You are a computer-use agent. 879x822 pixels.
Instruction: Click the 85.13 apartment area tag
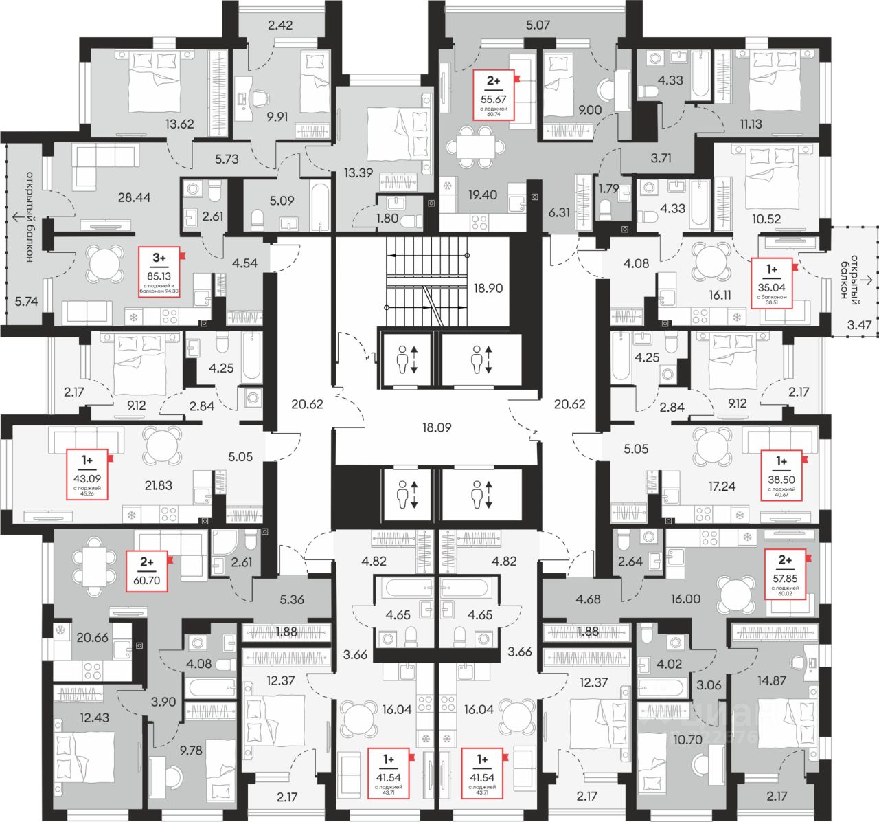(159, 271)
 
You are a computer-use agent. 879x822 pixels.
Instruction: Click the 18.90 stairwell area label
(488, 289)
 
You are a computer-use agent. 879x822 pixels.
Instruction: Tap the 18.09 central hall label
(437, 427)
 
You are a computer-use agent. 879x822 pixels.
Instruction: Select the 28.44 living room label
(134, 198)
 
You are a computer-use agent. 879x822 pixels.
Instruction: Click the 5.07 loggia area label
(538, 26)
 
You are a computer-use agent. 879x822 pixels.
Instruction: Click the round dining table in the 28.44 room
(104, 265)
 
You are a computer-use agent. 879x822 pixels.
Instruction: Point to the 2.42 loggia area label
(280, 26)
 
